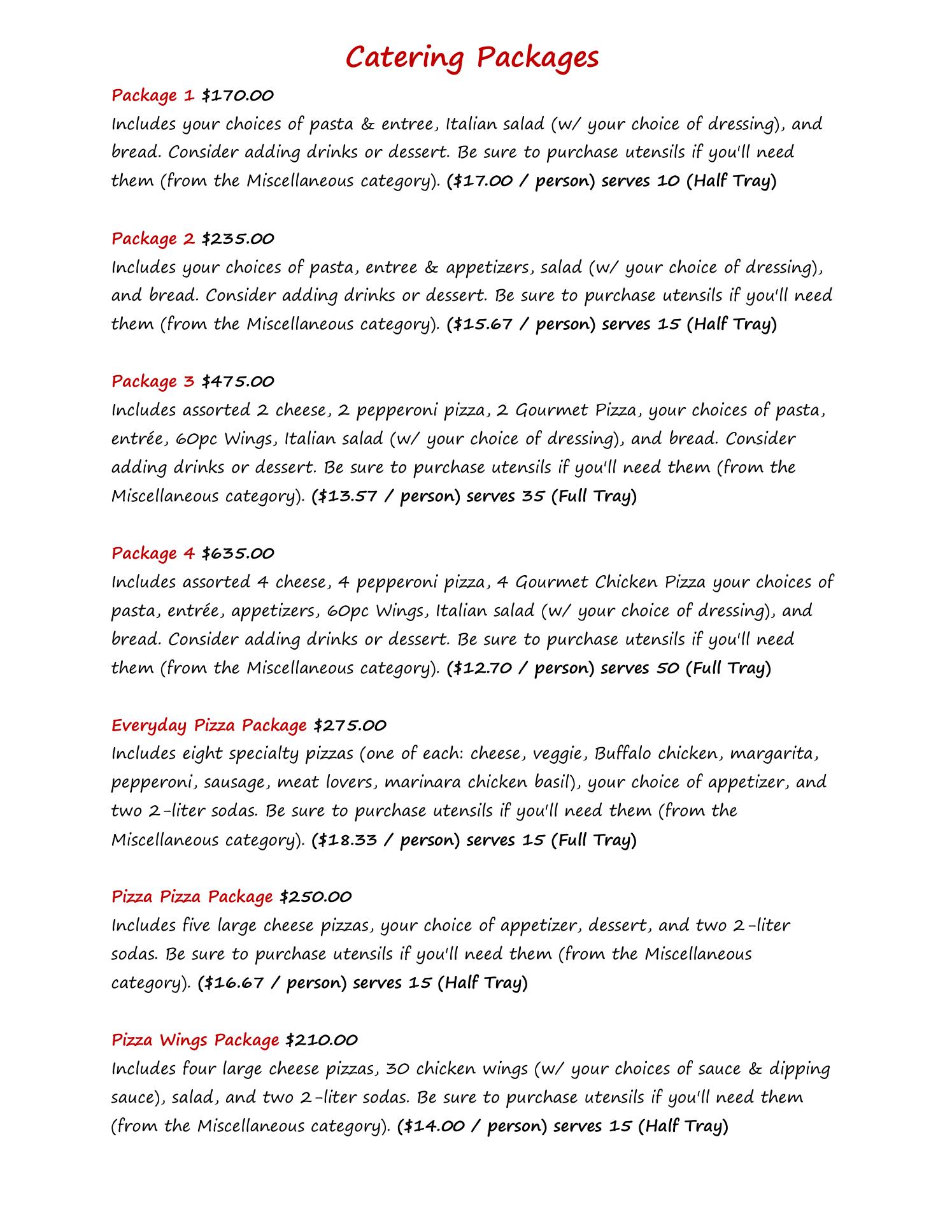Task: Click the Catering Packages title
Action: coord(472,57)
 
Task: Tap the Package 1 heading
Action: coord(153,96)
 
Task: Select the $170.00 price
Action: coord(238,96)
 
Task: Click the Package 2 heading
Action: coord(153,239)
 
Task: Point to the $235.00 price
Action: coord(238,239)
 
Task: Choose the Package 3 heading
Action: coord(153,382)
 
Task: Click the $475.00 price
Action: coord(238,382)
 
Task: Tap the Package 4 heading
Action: coord(153,554)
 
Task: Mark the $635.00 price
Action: coord(238,554)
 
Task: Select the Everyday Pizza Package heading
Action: coord(209,726)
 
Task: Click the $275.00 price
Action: coord(350,726)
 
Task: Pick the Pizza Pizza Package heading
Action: coord(192,897)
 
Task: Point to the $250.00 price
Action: coord(315,897)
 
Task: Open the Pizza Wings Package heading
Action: coord(195,1040)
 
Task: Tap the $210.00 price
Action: coord(322,1040)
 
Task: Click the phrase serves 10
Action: coord(641,181)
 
